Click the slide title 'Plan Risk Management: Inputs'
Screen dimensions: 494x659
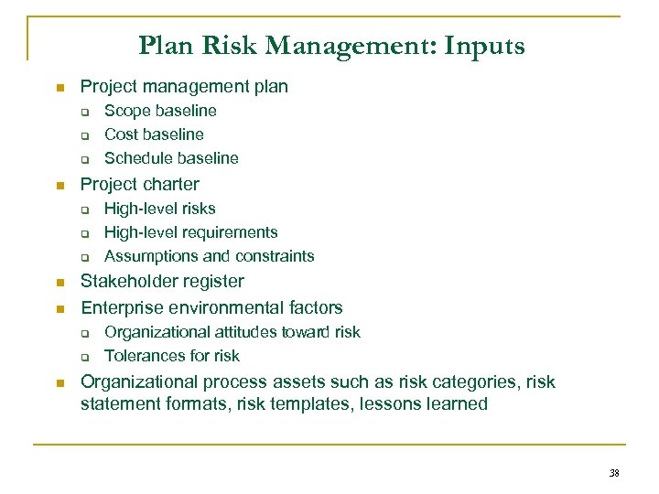point(331,46)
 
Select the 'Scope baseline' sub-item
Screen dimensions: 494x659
point(160,111)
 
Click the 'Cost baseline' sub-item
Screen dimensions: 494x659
point(154,134)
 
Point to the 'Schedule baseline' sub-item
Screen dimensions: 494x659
point(171,158)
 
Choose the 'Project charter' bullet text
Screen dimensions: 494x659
point(139,184)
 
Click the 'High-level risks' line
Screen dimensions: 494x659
point(160,209)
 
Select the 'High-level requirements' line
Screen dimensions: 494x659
point(190,232)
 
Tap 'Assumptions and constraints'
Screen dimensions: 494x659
point(209,256)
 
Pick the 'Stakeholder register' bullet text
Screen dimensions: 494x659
point(162,282)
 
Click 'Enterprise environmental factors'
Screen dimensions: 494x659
point(211,307)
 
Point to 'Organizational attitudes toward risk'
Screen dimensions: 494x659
point(232,332)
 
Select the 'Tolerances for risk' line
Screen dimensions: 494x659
point(172,356)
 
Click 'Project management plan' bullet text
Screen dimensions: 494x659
point(184,87)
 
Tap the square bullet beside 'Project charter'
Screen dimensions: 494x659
point(59,186)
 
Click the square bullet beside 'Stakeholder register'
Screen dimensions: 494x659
point(59,283)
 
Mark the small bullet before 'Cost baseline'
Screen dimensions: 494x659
point(82,135)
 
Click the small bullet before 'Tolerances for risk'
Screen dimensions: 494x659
point(82,357)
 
